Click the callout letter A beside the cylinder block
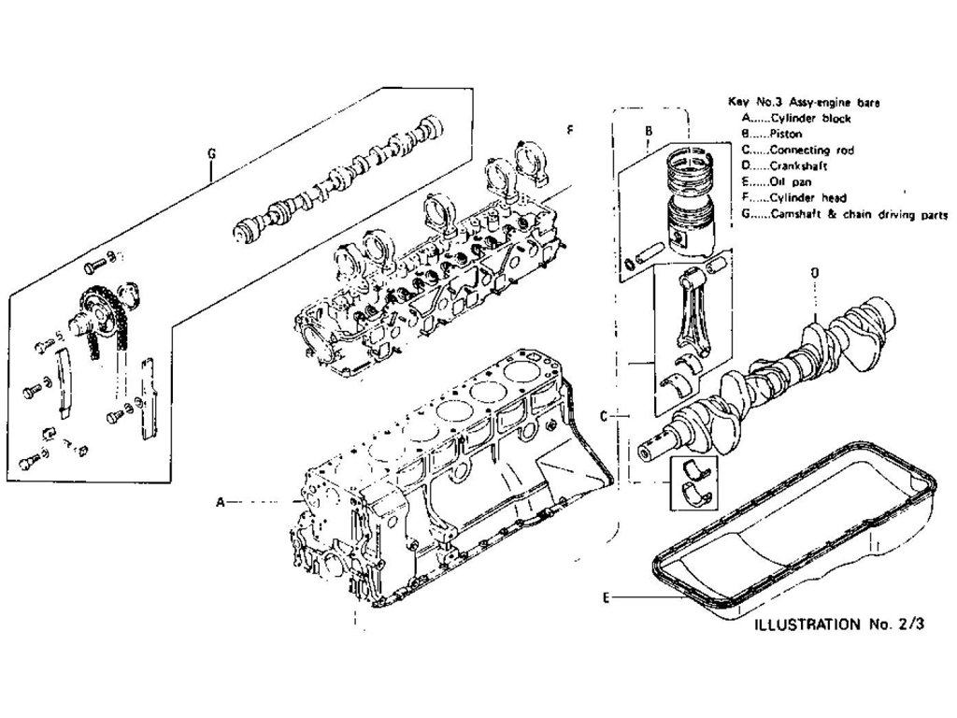click(x=221, y=502)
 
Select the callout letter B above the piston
click(x=648, y=132)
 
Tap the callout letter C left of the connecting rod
click(x=604, y=415)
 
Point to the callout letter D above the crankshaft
click(x=814, y=272)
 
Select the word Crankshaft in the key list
click(x=797, y=165)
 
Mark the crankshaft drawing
click(x=776, y=374)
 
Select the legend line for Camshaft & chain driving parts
click(x=846, y=213)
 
